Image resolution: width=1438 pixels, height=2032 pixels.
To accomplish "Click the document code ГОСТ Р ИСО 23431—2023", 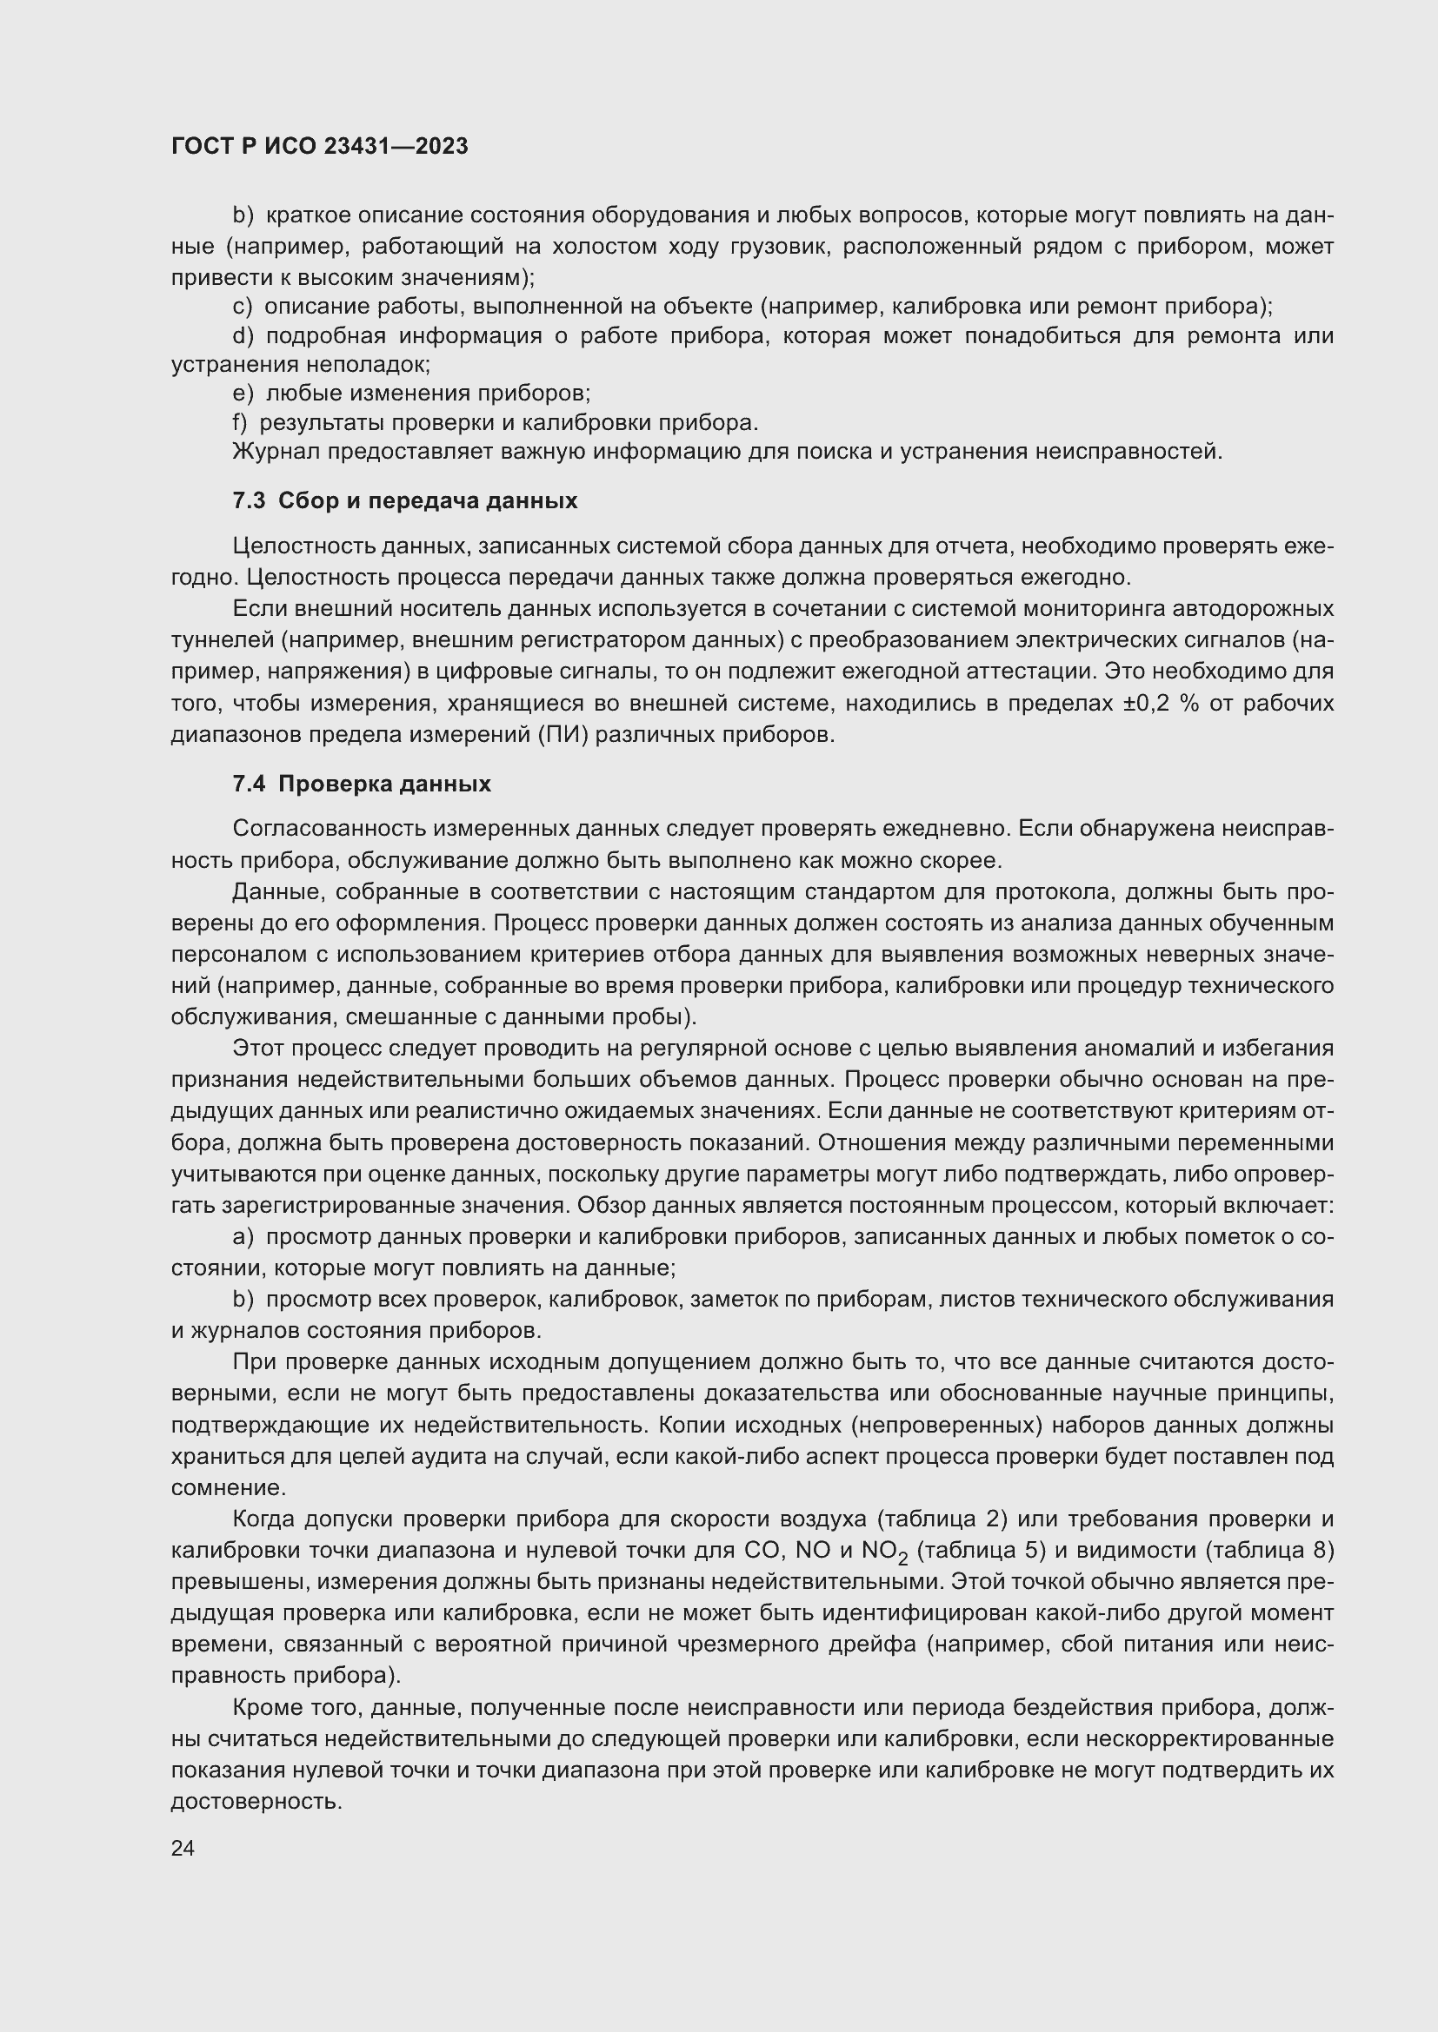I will [x=320, y=146].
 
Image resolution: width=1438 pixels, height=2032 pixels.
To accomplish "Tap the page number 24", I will [x=183, y=1848].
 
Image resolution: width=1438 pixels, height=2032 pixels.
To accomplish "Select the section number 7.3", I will [x=249, y=501].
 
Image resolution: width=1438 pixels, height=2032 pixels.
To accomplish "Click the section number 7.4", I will [x=249, y=784].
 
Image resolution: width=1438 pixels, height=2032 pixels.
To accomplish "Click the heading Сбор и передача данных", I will [x=428, y=501].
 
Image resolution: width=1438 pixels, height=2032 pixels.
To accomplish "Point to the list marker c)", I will [x=243, y=306].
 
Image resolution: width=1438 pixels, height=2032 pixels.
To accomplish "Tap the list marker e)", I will [x=243, y=393].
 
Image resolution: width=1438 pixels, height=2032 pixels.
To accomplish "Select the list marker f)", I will [x=240, y=423].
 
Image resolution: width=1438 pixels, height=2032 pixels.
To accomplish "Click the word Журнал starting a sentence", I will [x=276, y=453].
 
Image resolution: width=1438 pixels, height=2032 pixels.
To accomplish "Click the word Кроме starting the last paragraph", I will [x=263, y=1707].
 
